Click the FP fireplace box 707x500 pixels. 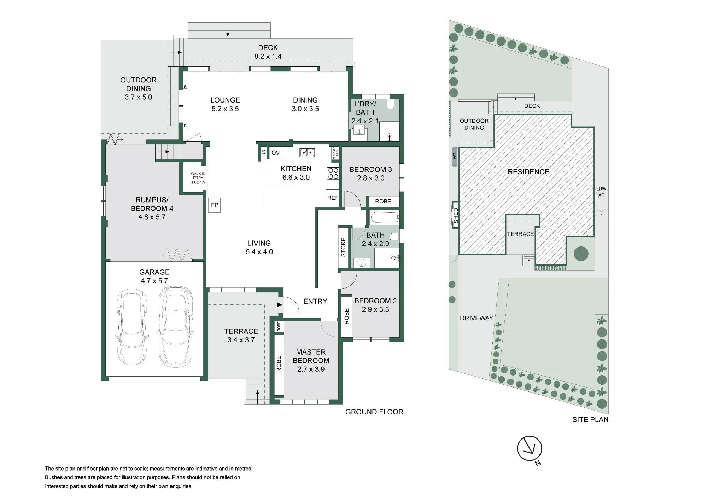[x=215, y=205]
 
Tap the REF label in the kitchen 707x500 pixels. [x=333, y=198]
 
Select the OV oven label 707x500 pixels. [x=276, y=153]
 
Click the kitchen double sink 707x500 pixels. [x=307, y=152]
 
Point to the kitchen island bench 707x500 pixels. [x=283, y=195]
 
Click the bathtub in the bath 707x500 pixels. [x=385, y=217]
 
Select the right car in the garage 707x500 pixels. [x=176, y=326]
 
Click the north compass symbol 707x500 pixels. [x=530, y=449]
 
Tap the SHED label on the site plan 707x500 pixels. [x=456, y=215]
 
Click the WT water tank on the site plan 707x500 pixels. [x=455, y=156]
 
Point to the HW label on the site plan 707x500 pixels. [x=602, y=189]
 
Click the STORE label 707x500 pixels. [x=343, y=247]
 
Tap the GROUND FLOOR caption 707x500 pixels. [x=374, y=412]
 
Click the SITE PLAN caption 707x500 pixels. [x=590, y=420]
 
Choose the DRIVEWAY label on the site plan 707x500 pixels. [x=476, y=318]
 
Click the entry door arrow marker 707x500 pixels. [x=279, y=305]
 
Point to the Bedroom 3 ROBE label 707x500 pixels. [x=383, y=202]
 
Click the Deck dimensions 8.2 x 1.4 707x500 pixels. [x=268, y=56]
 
